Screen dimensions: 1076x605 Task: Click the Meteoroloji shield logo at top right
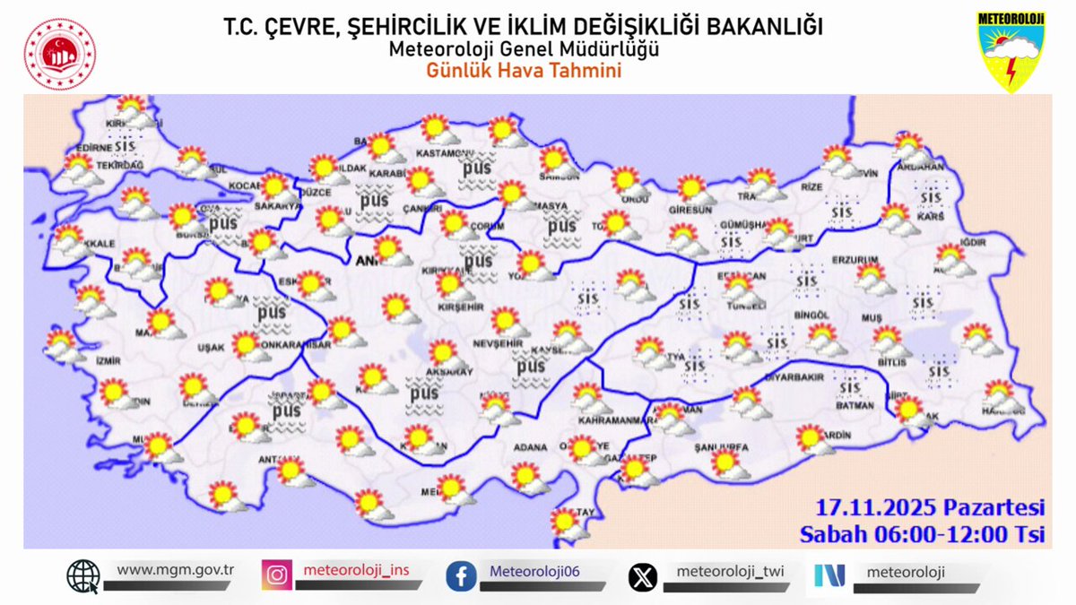(x=1011, y=51)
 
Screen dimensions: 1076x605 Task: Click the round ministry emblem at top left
(x=60, y=54)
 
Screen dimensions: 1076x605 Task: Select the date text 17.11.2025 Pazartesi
(x=930, y=507)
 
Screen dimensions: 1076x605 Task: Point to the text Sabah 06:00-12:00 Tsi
(x=923, y=534)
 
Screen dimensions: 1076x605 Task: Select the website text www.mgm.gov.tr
(x=175, y=569)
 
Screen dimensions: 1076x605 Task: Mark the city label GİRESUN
(x=690, y=210)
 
